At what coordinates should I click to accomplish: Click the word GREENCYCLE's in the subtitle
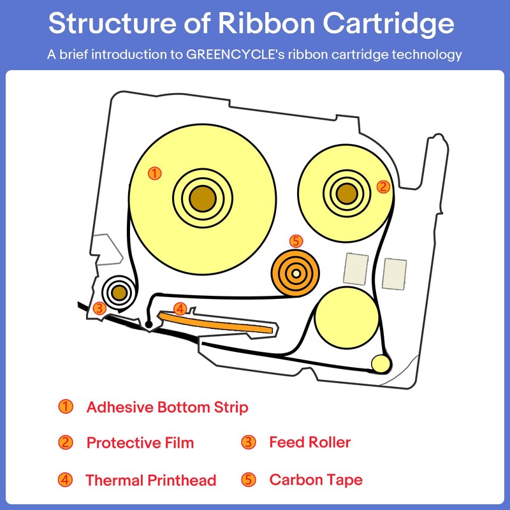coord(229,55)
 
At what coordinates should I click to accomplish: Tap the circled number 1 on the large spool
coord(154,172)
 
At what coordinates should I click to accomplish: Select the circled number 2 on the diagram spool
coord(382,187)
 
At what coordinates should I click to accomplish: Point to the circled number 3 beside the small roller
coord(99,308)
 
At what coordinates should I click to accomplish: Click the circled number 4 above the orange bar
coord(180,309)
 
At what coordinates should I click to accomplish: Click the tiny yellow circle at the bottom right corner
coord(381,364)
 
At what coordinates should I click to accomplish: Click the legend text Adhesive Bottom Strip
coord(167,407)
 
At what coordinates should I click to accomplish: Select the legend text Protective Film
coord(140,442)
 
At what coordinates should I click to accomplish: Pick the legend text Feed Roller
coord(310,442)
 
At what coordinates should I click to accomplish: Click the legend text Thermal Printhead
coord(151,480)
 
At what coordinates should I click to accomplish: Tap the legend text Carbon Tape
coord(316,479)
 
